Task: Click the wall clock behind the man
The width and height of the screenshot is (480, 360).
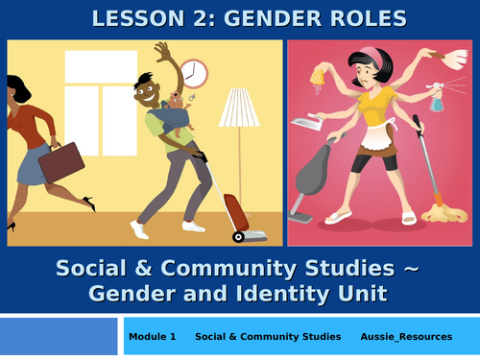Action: tap(193, 73)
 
